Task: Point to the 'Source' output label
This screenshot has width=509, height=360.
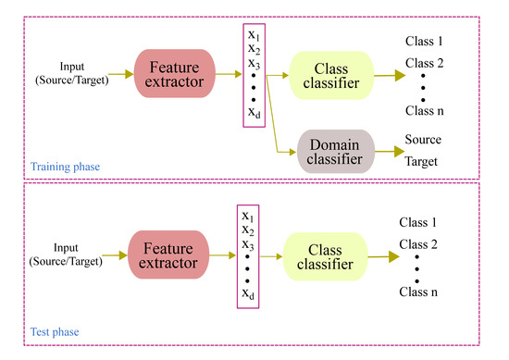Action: point(425,139)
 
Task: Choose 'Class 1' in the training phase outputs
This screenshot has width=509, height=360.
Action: point(425,42)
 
